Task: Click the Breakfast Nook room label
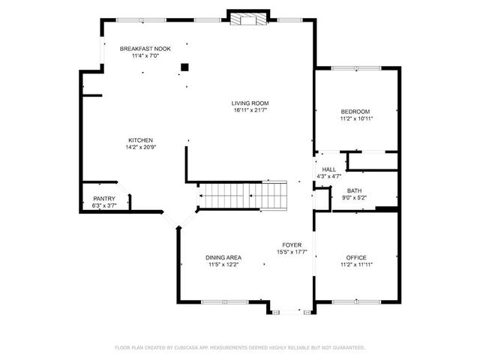point(145,49)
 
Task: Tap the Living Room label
point(250,103)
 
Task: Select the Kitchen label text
point(140,140)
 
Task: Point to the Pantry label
point(103,199)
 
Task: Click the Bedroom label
point(355,112)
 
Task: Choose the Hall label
point(329,169)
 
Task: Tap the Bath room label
point(354,191)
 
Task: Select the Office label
point(356,257)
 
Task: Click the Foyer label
point(292,245)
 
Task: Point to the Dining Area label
point(223,257)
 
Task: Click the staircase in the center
point(242,196)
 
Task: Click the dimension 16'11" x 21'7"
point(250,111)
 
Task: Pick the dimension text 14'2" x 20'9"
point(140,148)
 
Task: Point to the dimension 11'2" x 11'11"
point(356,265)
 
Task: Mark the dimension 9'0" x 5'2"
point(352,199)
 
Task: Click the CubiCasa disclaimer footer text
point(240,347)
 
